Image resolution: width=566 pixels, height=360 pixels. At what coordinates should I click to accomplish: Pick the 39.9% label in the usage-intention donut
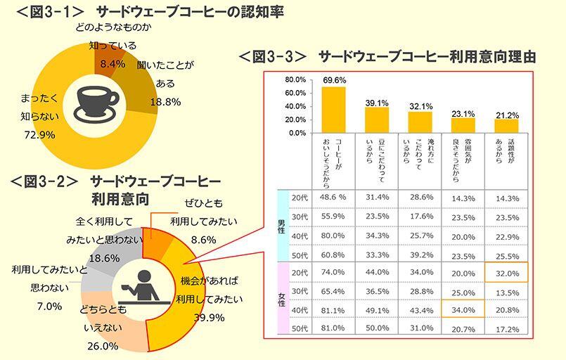208,317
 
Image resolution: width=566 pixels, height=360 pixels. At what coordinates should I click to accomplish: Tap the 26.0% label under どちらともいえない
103,346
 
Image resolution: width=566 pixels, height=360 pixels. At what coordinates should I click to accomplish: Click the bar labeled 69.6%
334,109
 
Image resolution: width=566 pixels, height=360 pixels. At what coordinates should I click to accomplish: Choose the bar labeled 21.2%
506,125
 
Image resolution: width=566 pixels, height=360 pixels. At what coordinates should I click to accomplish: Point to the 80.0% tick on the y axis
296,79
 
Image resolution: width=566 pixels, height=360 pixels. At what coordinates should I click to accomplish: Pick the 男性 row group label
281,226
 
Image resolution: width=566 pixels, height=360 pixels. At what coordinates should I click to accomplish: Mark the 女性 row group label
281,300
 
